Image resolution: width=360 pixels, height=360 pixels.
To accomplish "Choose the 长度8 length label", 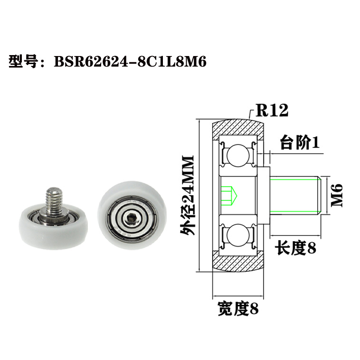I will click(296, 248).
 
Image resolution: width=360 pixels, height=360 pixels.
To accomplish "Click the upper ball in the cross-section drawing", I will click(237, 155).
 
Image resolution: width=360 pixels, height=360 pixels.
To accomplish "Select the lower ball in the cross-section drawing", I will click(237, 236).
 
